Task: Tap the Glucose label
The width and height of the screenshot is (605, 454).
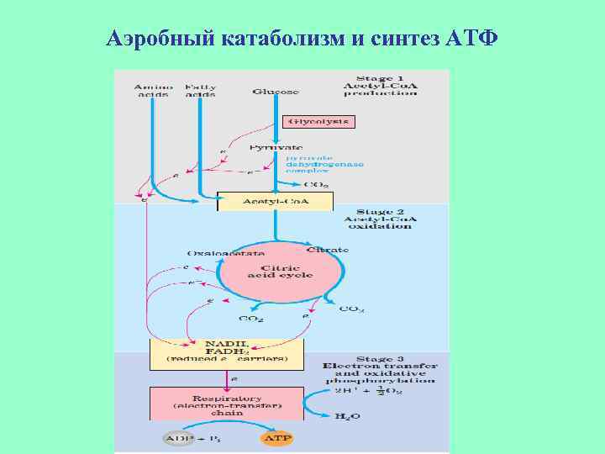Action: (276, 91)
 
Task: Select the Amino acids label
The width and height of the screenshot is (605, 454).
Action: (152, 90)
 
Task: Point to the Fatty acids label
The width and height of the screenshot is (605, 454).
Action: (200, 90)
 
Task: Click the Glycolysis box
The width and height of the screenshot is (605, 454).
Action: (320, 122)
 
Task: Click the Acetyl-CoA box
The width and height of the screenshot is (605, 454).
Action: (276, 202)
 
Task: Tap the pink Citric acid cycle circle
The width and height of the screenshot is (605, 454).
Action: (280, 272)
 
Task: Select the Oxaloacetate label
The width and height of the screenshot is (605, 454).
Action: (225, 251)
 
